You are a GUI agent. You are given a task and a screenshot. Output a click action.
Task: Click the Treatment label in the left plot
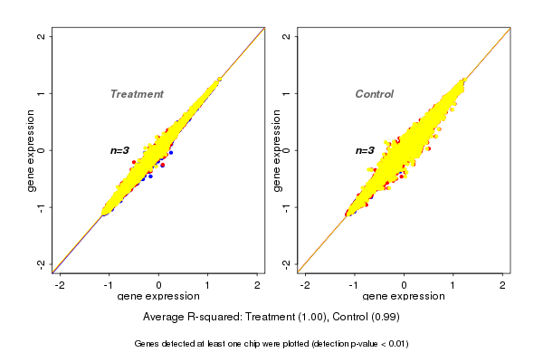click(x=137, y=94)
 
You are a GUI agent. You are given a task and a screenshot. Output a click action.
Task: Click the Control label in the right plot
click(x=375, y=94)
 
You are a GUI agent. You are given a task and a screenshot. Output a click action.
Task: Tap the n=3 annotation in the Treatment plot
click(x=121, y=150)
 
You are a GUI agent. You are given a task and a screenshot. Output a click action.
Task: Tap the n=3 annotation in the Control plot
click(x=365, y=150)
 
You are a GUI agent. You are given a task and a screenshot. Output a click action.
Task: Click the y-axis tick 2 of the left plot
click(x=42, y=36)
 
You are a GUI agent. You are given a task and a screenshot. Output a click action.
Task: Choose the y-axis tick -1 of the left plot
click(x=42, y=206)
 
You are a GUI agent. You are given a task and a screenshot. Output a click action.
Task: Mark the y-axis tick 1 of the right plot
click(x=286, y=93)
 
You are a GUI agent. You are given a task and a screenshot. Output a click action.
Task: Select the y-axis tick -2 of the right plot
click(x=286, y=263)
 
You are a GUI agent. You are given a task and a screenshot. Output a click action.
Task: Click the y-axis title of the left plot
click(x=32, y=150)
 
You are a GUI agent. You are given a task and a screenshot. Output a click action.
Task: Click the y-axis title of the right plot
click(x=276, y=150)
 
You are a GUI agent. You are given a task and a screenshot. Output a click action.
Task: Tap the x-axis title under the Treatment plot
click(x=158, y=297)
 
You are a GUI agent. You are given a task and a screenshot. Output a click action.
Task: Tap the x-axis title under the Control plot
click(x=404, y=297)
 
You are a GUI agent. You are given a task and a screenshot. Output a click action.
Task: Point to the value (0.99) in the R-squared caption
click(x=384, y=318)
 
